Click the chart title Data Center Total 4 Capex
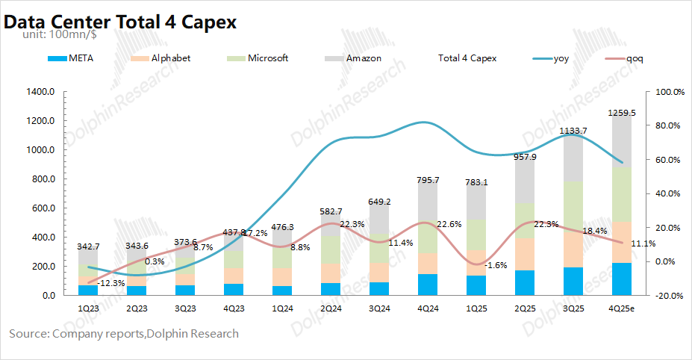pyautogui.click(x=120, y=22)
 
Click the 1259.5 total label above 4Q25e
pyautogui.click(x=621, y=113)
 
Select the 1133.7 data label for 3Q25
pyautogui.click(x=573, y=131)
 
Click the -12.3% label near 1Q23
pyautogui.click(x=110, y=282)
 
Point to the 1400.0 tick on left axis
pyautogui.click(x=40, y=92)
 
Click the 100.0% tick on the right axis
pyautogui.click(x=669, y=92)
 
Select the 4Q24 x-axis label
pyautogui.click(x=428, y=308)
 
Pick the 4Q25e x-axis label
pyautogui.click(x=621, y=308)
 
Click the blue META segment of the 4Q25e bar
pyautogui.click(x=621, y=279)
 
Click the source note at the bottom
pyautogui.click(x=124, y=334)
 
